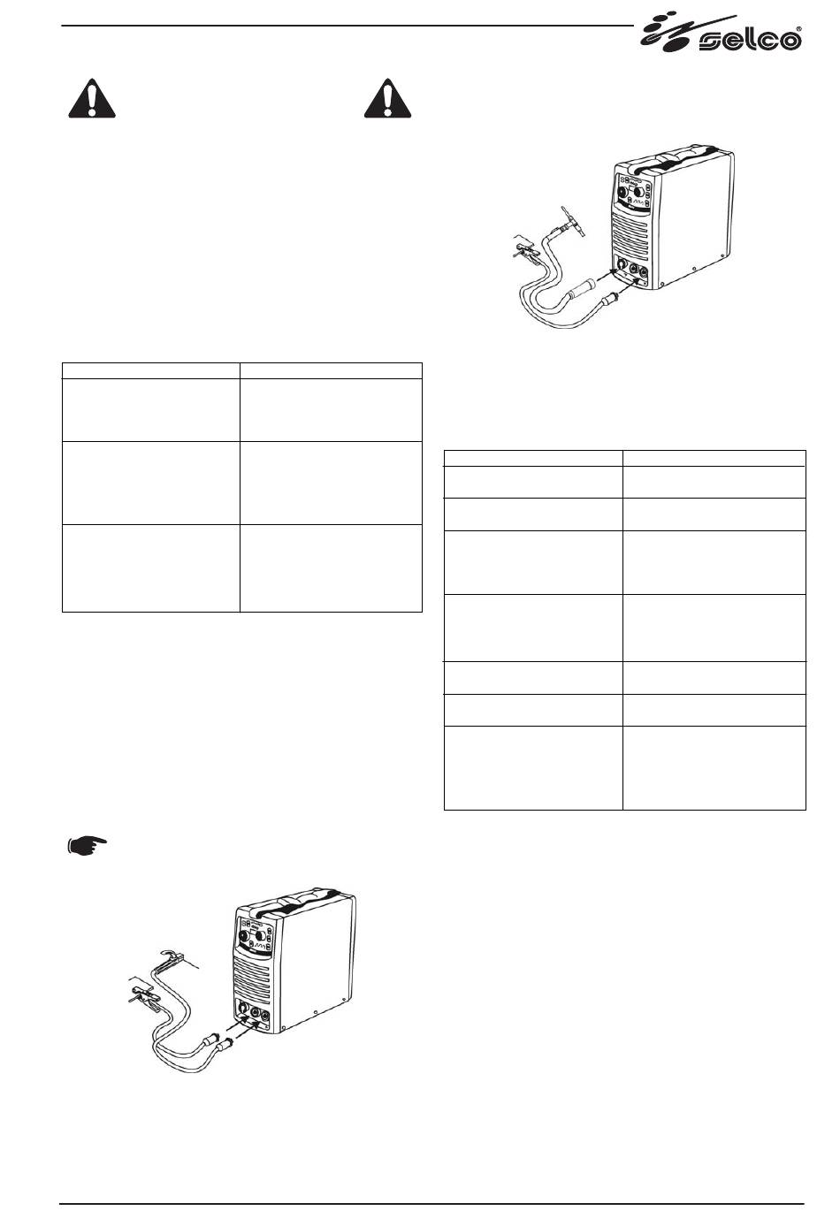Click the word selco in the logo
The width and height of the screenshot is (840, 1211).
750,41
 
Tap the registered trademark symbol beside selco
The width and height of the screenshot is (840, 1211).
799,30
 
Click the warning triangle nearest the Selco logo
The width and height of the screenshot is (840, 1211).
387,98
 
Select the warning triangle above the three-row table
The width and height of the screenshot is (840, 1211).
92,98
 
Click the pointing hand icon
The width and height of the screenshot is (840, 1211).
87,844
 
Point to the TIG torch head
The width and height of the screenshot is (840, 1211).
572,222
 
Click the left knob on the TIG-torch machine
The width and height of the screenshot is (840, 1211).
622,192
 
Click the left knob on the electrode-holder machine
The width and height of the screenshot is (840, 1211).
244,935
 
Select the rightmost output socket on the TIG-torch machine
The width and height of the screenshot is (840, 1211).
643,271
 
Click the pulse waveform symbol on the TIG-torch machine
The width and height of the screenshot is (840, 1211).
640,206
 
